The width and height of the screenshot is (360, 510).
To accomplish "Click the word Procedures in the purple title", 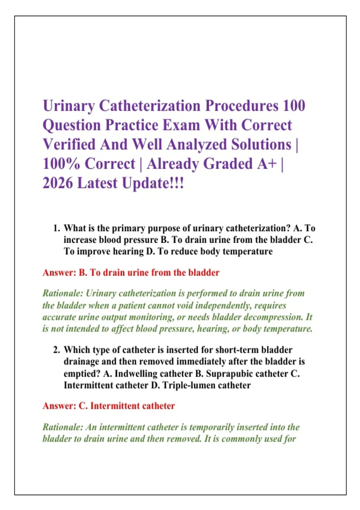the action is point(241,106).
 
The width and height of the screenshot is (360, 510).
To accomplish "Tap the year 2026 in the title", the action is point(58,183).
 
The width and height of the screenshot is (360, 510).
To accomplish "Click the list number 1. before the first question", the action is point(56,228).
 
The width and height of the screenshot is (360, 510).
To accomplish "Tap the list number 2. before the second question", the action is point(56,350).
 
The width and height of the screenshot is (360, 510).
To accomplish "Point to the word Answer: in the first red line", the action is point(59,272).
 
